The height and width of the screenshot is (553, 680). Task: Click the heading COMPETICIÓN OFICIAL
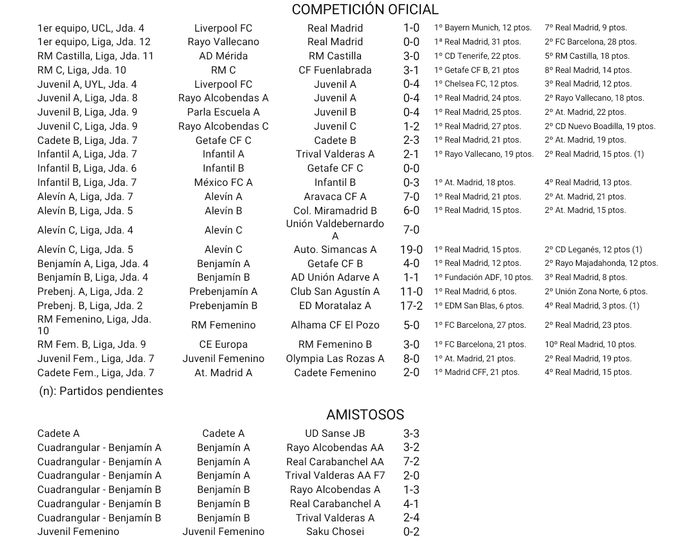(365, 10)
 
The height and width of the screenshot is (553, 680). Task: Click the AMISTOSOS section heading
(365, 415)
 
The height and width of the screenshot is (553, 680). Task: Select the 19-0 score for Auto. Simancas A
(411, 250)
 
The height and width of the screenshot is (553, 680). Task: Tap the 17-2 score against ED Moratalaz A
(411, 306)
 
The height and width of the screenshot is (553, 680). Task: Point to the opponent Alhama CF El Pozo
(335, 325)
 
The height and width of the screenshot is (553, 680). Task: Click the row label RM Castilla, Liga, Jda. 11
(96, 56)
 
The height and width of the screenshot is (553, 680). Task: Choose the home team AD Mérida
(223, 56)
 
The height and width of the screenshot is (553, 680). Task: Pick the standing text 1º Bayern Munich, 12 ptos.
(483, 28)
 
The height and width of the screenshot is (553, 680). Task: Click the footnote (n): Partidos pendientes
(101, 391)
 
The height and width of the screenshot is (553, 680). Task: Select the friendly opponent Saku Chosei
(335, 532)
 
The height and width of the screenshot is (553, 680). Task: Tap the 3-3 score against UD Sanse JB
(411, 434)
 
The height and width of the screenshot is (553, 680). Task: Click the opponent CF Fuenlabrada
(335, 70)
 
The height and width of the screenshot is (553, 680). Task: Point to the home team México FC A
(223, 183)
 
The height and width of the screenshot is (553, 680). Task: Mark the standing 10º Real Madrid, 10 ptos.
(590, 345)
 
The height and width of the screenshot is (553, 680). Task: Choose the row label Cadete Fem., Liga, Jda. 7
(96, 373)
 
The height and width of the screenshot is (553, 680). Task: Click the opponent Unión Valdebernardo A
(335, 230)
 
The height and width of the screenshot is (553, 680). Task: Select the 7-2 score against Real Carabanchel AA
(411, 462)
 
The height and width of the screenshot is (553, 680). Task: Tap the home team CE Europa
(223, 345)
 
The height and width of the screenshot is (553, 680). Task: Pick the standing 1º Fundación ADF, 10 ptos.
(484, 277)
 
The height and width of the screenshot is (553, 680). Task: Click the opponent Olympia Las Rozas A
(335, 359)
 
